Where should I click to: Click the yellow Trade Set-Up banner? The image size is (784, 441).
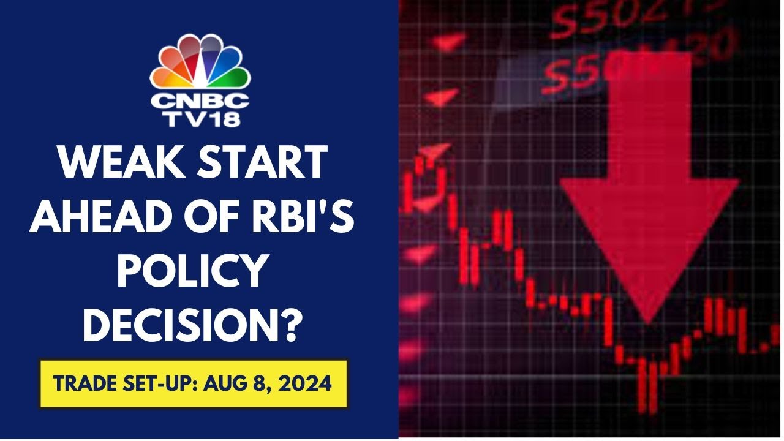194,384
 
